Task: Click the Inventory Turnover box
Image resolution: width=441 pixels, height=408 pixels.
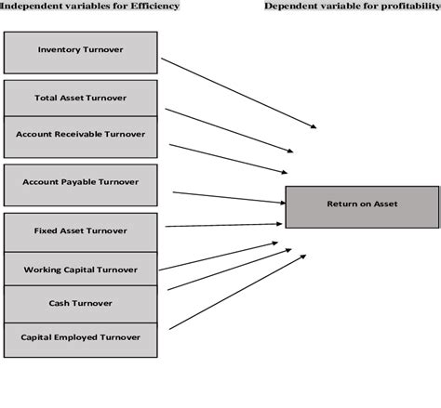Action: click(x=80, y=52)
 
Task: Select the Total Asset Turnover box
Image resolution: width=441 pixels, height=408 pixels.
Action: click(x=80, y=98)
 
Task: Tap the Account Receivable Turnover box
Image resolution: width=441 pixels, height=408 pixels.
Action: click(x=80, y=135)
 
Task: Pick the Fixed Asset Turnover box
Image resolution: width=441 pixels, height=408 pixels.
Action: click(x=80, y=230)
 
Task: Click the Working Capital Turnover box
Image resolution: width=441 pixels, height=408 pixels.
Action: click(x=80, y=269)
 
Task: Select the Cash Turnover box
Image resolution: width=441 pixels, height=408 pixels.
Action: click(x=80, y=303)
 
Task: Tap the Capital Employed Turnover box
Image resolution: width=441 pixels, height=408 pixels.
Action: click(x=80, y=336)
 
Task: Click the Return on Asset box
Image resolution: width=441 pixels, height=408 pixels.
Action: click(x=361, y=206)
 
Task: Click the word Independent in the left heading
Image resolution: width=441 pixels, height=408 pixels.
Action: click(x=29, y=6)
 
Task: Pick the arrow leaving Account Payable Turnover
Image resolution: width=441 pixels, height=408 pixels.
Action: click(x=228, y=197)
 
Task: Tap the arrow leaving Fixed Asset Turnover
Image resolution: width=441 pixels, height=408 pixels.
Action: click(x=223, y=223)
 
